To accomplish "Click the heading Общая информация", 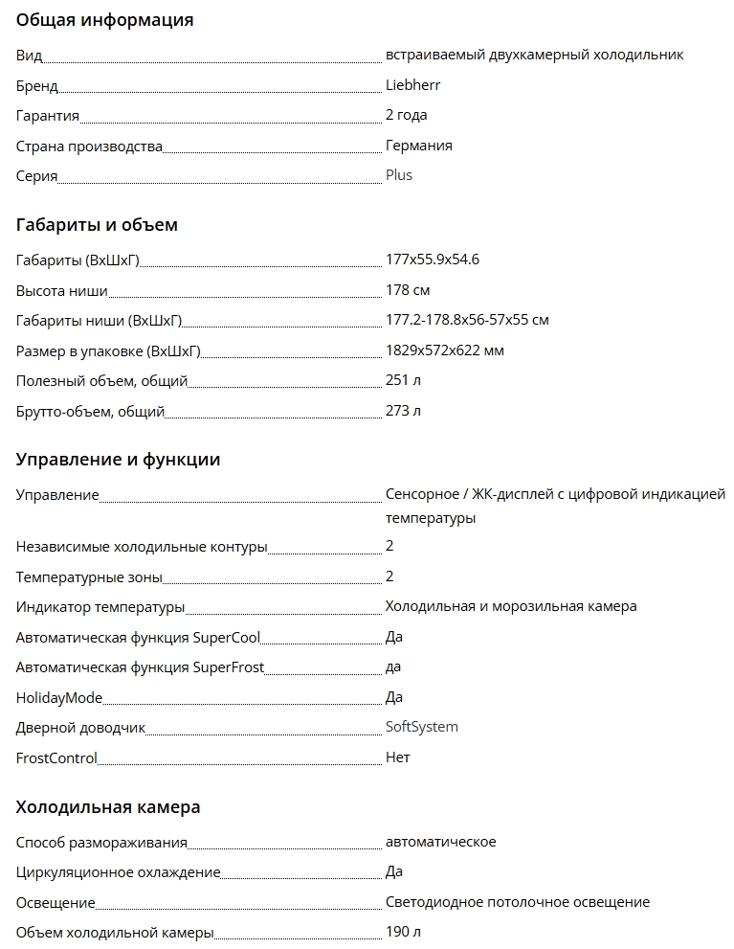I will [x=104, y=20].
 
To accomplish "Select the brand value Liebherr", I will [x=412, y=85].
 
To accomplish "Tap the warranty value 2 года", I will [x=406, y=115].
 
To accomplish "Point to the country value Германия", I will [x=418, y=146].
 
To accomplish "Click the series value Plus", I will [x=398, y=175].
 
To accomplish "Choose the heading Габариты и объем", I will [x=97, y=225].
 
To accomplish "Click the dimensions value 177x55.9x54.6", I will [x=433, y=260].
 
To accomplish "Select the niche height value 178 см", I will [x=407, y=290].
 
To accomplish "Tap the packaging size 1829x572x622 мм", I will [x=444, y=350].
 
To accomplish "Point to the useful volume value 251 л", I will [x=403, y=380].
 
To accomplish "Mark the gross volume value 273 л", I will [x=403, y=411].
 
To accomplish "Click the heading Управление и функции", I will [x=118, y=460].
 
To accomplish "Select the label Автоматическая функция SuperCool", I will [x=138, y=637].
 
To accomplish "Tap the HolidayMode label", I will [x=59, y=697].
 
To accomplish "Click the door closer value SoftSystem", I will [x=421, y=727].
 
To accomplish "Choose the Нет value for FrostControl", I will [x=397, y=757].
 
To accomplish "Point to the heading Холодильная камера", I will [x=108, y=807].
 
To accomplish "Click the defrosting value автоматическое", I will [x=440, y=842].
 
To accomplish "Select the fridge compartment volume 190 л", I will [x=403, y=932].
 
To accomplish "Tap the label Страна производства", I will [x=89, y=146].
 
